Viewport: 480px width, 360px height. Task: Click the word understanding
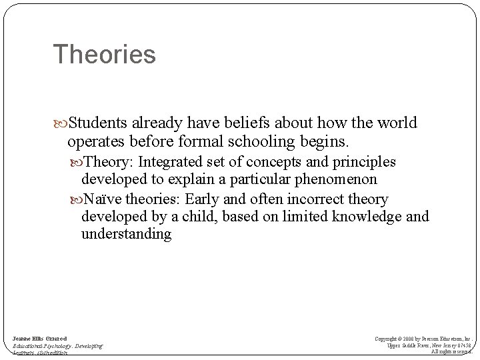tap(127, 235)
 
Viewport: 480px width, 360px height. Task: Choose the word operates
tap(95, 141)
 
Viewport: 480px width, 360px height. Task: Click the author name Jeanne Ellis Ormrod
tap(39, 339)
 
